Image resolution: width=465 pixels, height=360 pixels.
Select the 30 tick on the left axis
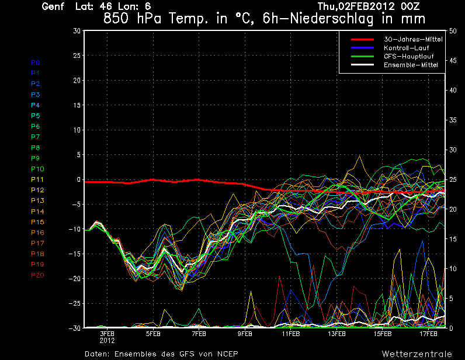coord(76,30)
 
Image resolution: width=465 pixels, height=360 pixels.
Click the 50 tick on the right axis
coord(451,30)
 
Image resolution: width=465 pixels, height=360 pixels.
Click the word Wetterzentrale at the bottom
coord(417,354)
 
